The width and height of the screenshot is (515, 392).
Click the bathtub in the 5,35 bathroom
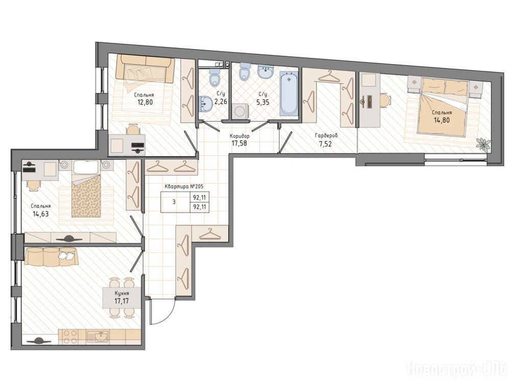288,93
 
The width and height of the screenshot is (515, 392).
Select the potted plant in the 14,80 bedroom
484,144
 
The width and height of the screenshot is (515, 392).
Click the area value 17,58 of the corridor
239,143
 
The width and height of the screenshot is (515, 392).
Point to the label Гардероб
326,135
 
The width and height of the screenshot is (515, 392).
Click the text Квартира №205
184,187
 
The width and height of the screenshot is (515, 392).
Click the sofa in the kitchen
51,256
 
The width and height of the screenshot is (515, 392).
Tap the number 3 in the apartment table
174,202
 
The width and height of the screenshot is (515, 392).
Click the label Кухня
121,293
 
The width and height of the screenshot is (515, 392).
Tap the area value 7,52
326,143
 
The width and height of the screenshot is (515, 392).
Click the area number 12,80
145,102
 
